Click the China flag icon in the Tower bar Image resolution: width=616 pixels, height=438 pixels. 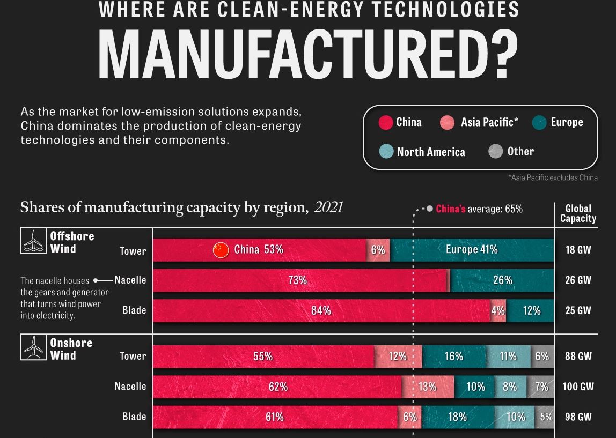click(x=221, y=250)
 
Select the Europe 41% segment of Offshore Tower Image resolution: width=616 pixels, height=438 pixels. click(x=472, y=250)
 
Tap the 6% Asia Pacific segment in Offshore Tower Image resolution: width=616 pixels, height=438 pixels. click(x=378, y=250)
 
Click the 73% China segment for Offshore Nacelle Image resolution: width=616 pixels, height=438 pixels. click(x=298, y=280)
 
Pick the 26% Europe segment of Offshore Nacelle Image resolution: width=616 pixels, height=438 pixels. click(x=502, y=280)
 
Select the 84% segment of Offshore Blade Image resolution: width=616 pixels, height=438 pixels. click(x=321, y=310)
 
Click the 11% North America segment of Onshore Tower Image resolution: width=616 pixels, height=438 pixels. click(x=508, y=357)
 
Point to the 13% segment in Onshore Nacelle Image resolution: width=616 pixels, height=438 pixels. click(x=428, y=387)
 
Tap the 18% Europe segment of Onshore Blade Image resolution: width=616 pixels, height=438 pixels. click(x=457, y=417)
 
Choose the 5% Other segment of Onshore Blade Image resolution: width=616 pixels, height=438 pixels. click(x=545, y=417)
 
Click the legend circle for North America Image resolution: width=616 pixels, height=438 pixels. click(x=386, y=152)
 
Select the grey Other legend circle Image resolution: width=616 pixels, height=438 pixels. click(x=495, y=151)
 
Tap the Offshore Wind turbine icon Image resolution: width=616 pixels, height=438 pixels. click(x=33, y=241)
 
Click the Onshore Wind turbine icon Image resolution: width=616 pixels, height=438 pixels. click(x=33, y=347)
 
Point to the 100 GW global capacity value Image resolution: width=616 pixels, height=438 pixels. click(x=578, y=387)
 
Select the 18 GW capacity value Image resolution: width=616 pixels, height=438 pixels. click(x=578, y=250)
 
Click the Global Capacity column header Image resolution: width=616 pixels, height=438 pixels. click(x=578, y=213)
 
